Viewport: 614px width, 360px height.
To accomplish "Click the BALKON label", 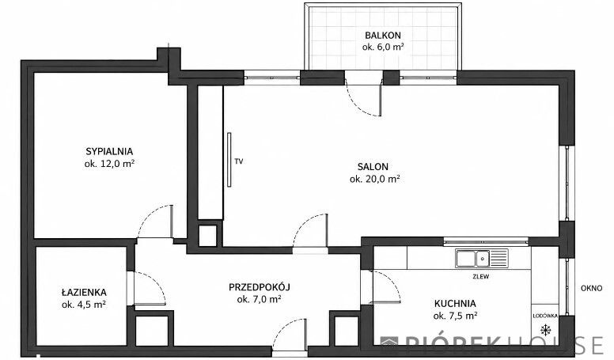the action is pyautogui.click(x=383, y=36).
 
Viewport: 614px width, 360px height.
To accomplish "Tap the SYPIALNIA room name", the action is pyautogui.click(x=109, y=151).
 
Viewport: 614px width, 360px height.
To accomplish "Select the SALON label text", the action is pyautogui.click(x=373, y=166).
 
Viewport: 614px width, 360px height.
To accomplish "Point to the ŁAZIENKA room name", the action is pyautogui.click(x=84, y=292).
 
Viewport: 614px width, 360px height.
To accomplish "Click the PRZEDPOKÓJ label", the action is pyautogui.click(x=260, y=287).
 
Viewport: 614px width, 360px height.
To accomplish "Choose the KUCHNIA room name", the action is pyautogui.click(x=455, y=304).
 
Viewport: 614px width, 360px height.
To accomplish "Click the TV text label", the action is pyautogui.click(x=238, y=161).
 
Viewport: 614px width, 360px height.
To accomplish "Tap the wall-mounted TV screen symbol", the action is pyautogui.click(x=229, y=160).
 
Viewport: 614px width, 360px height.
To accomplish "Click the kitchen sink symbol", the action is pyautogui.click(x=482, y=258).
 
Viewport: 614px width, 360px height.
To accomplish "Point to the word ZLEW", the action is pyautogui.click(x=481, y=276).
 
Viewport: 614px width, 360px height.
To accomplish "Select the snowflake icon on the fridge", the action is pyautogui.click(x=545, y=329).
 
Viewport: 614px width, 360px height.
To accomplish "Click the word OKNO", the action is pyautogui.click(x=591, y=288).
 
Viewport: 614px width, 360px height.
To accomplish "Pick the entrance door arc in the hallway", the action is pyautogui.click(x=281, y=328).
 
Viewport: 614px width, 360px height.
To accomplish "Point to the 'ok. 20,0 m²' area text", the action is pyautogui.click(x=375, y=179).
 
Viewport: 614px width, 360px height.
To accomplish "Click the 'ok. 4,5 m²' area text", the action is pyautogui.click(x=84, y=305).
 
